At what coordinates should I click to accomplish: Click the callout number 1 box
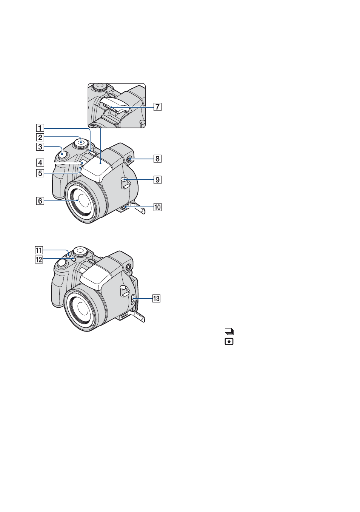coord(40,128)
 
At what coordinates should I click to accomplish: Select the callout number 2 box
coord(40,137)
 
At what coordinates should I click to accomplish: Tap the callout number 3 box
coord(40,147)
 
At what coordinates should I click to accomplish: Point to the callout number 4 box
coord(40,163)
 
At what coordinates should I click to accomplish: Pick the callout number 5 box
coord(40,173)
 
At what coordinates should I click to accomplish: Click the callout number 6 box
coord(40,201)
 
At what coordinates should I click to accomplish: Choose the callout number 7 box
coord(157,107)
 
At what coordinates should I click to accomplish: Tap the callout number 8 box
coord(157,159)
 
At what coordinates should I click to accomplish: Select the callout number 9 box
coord(157,180)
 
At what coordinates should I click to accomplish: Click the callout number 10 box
coord(157,207)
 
